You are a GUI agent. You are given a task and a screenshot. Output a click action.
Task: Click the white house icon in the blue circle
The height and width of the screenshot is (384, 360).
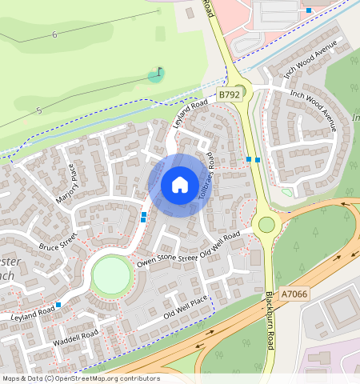180,186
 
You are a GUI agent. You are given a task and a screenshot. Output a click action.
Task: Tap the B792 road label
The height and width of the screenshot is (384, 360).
229,94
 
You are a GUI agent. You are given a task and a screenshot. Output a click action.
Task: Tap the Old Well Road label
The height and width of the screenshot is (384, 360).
220,245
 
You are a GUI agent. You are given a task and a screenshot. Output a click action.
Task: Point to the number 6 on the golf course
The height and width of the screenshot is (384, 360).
54,34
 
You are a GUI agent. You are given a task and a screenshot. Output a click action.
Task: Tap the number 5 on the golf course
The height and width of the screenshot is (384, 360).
38,110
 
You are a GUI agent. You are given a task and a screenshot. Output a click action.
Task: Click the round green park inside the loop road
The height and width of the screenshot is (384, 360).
111,276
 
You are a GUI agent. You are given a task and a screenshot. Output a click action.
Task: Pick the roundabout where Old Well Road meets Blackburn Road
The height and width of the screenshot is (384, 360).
265,225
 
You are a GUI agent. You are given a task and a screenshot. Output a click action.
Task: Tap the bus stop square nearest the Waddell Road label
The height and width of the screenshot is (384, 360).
58,305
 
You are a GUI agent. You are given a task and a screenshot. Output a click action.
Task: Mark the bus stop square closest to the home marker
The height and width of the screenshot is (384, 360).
144,216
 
